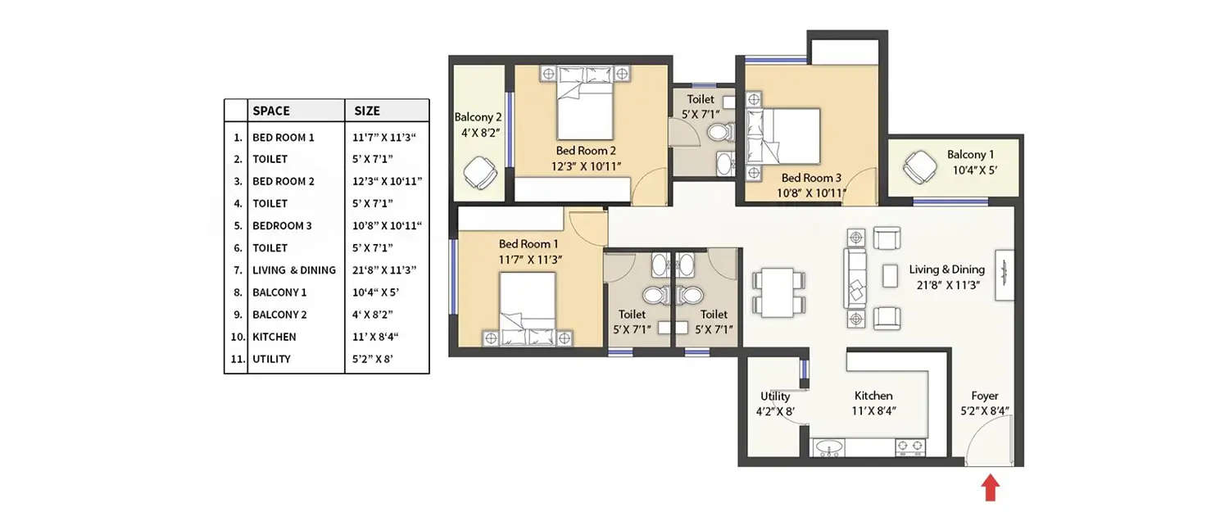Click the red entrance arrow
[991, 489]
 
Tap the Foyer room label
[984, 396]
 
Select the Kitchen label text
[873, 396]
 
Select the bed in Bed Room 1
[527, 310]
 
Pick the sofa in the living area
[855, 279]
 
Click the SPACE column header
[271, 111]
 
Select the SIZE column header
[367, 111]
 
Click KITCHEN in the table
[274, 337]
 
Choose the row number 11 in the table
[237, 359]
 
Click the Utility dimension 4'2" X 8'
[774, 411]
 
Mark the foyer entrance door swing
[989, 442]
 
